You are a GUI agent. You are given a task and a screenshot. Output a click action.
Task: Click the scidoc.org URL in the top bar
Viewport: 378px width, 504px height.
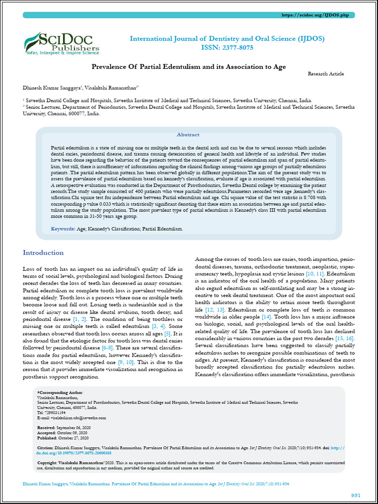[315, 16]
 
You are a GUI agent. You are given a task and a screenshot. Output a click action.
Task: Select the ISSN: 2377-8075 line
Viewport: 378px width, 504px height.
[227, 48]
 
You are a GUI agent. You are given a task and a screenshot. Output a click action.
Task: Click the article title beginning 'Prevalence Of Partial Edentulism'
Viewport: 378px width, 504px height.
[189, 66]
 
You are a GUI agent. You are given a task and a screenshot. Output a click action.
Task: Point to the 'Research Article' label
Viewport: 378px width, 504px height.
[326, 74]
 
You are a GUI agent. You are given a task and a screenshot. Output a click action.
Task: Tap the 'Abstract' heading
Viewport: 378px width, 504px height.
[188, 134]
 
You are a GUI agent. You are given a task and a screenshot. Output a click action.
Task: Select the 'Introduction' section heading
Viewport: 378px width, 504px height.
[43, 253]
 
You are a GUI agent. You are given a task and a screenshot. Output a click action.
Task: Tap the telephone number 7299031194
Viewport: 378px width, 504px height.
[55, 412]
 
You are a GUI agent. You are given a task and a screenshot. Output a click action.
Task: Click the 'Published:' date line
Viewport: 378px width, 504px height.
[63, 438]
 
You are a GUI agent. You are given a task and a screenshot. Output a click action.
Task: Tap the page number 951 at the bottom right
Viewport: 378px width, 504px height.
[355, 495]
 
